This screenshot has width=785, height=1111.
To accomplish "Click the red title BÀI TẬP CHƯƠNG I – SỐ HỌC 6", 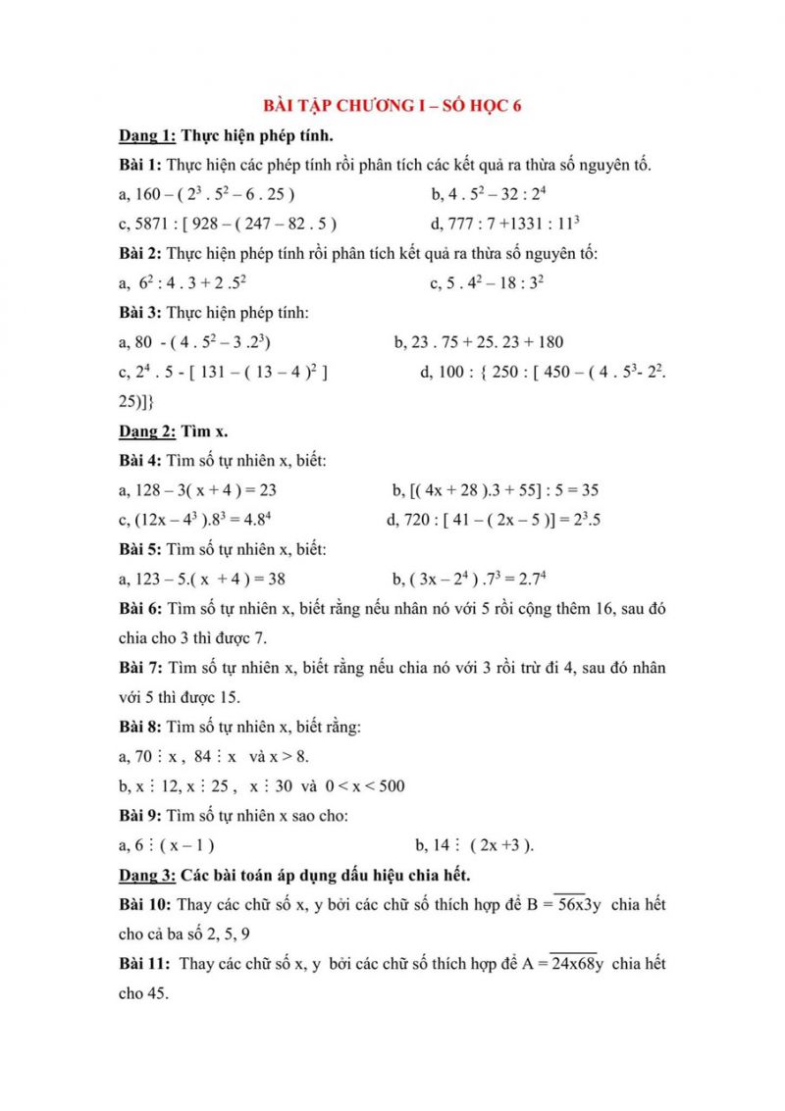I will (x=392, y=106).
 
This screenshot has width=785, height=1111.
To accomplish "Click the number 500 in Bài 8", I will (x=391, y=786).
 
